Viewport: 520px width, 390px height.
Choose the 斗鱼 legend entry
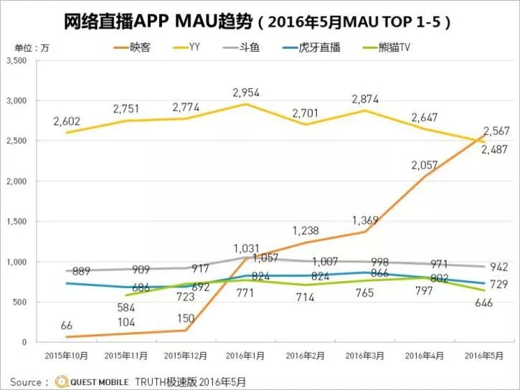tap(251, 48)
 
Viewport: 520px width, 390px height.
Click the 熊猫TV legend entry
tap(399, 48)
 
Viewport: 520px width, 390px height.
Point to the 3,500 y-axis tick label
tap(15, 61)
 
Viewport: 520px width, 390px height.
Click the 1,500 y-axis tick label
tap(15, 222)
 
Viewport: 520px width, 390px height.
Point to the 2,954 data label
tap(245, 92)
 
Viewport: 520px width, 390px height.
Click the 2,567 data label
tap(496, 130)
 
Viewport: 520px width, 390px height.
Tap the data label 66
tap(67, 326)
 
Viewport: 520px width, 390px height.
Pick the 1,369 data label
tap(365, 220)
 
